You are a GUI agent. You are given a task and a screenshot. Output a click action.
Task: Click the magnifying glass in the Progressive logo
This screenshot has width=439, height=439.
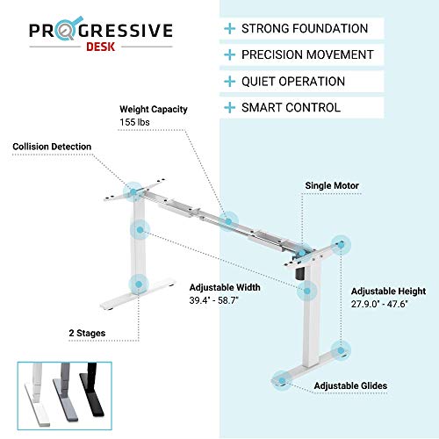tap(66, 29)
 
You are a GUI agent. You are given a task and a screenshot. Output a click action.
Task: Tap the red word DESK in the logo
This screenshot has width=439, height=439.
tap(100, 47)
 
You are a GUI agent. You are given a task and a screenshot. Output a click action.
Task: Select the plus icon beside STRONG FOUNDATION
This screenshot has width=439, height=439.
tap(230, 29)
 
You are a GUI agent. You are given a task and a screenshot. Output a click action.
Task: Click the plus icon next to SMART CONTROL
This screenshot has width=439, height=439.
tap(230, 108)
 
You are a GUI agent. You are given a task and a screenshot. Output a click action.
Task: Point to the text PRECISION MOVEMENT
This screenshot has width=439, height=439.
tap(307, 54)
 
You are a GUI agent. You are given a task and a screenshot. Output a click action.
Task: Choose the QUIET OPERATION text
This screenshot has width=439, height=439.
tap(293, 82)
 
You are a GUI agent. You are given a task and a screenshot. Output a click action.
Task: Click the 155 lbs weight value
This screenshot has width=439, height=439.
tap(134, 122)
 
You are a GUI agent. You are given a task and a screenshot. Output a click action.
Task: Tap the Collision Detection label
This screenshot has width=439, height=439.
tap(52, 147)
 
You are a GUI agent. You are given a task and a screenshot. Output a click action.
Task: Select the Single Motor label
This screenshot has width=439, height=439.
tap(332, 185)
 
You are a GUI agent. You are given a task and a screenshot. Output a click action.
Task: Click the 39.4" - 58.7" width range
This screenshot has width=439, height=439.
tap(213, 300)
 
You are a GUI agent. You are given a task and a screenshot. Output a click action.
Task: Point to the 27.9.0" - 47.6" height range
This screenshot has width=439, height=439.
tap(379, 304)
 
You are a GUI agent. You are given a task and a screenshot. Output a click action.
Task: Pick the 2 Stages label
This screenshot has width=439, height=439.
tap(87, 333)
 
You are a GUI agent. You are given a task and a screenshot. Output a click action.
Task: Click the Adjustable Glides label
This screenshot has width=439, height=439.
tap(350, 385)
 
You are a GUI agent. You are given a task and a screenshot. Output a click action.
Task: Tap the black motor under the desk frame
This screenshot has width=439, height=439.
tap(300, 274)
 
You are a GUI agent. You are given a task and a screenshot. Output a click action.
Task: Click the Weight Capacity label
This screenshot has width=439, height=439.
tap(154, 109)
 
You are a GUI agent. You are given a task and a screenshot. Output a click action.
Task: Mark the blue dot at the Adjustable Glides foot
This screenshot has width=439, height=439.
tap(282, 381)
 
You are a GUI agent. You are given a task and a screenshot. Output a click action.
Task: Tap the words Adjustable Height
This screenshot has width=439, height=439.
tap(388, 291)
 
